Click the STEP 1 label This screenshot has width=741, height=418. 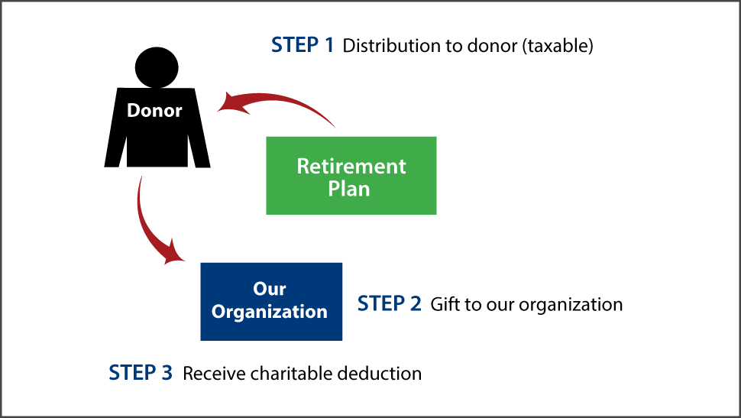[303, 45]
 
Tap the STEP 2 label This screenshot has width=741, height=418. [389, 304]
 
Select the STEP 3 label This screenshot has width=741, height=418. [141, 373]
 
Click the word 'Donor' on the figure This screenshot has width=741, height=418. [155, 110]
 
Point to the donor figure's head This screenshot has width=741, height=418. [157, 67]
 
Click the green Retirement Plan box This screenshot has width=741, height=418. [351, 176]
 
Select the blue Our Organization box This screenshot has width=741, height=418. [270, 301]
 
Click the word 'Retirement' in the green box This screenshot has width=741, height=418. [351, 166]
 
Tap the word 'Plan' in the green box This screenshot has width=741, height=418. [350, 188]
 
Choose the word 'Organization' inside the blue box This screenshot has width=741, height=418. [270, 312]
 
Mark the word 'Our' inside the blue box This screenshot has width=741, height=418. [270, 289]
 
